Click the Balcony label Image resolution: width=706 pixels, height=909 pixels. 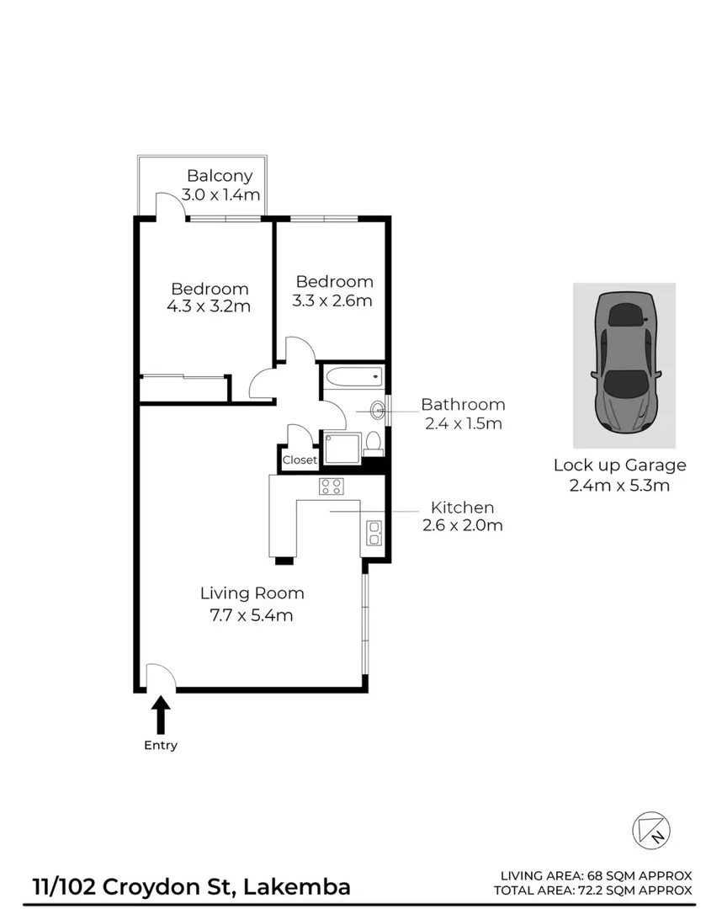pos(220,176)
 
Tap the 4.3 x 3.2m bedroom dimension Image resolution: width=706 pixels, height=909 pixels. pos(209,306)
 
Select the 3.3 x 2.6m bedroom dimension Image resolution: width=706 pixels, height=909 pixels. pos(333,300)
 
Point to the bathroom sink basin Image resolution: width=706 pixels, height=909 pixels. pos(378,411)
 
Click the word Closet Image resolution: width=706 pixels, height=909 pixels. pos(300,460)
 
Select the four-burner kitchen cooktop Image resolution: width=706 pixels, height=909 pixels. pos(331,486)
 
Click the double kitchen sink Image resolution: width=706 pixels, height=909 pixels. pos(374,534)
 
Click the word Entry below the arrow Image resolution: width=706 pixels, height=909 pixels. pos(161,745)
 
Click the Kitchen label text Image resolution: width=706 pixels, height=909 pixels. pos(462,508)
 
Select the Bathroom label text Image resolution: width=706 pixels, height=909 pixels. pos(463,405)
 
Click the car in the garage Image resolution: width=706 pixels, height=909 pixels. pos(624,362)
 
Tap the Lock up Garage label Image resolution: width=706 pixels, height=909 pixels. pos(619,465)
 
